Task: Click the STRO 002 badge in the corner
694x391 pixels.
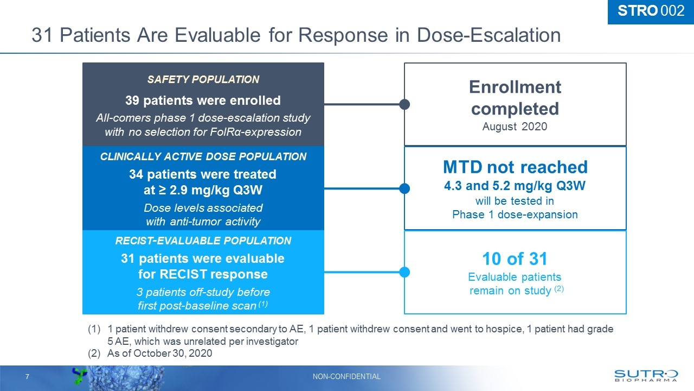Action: tap(651, 11)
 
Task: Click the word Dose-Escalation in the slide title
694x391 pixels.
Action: tap(489, 35)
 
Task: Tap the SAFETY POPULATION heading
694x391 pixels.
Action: tap(203, 79)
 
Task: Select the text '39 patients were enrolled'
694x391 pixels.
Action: tap(203, 100)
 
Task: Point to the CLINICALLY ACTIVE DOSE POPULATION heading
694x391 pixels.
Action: tap(203, 157)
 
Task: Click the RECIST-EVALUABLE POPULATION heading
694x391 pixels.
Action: tap(203, 241)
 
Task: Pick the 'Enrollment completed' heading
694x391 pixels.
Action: tap(515, 98)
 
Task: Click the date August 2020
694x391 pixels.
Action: tap(515, 127)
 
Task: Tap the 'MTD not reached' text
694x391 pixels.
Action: tap(515, 167)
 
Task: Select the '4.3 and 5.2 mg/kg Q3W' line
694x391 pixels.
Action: tap(515, 186)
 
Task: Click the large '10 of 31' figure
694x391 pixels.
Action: tap(515, 259)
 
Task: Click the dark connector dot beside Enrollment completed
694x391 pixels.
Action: tap(404, 104)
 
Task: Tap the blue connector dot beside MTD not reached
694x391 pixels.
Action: tap(404, 188)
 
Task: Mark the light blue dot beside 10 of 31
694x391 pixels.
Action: tap(404, 272)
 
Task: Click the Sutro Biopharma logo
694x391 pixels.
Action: tap(646, 376)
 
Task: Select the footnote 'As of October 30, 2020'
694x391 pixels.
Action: tap(159, 354)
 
